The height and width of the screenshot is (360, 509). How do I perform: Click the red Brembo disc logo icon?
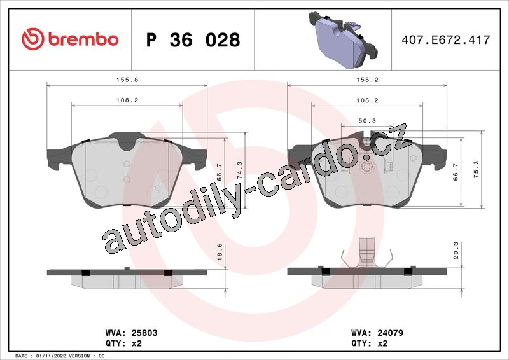pos(33,39)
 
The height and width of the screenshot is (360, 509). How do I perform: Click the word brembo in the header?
pos(83,39)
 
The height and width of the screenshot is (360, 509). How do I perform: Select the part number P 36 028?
pos(193,39)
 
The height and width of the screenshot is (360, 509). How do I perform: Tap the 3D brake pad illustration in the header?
pos(344,39)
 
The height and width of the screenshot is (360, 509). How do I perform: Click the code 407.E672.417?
pos(446,39)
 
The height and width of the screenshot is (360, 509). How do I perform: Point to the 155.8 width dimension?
pos(127,80)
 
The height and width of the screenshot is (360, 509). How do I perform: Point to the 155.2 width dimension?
pos(367,80)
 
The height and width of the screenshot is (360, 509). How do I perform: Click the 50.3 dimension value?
pos(367,121)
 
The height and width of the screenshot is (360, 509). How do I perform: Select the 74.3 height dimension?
pos(240,170)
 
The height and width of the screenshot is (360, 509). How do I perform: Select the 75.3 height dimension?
pos(476,169)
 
